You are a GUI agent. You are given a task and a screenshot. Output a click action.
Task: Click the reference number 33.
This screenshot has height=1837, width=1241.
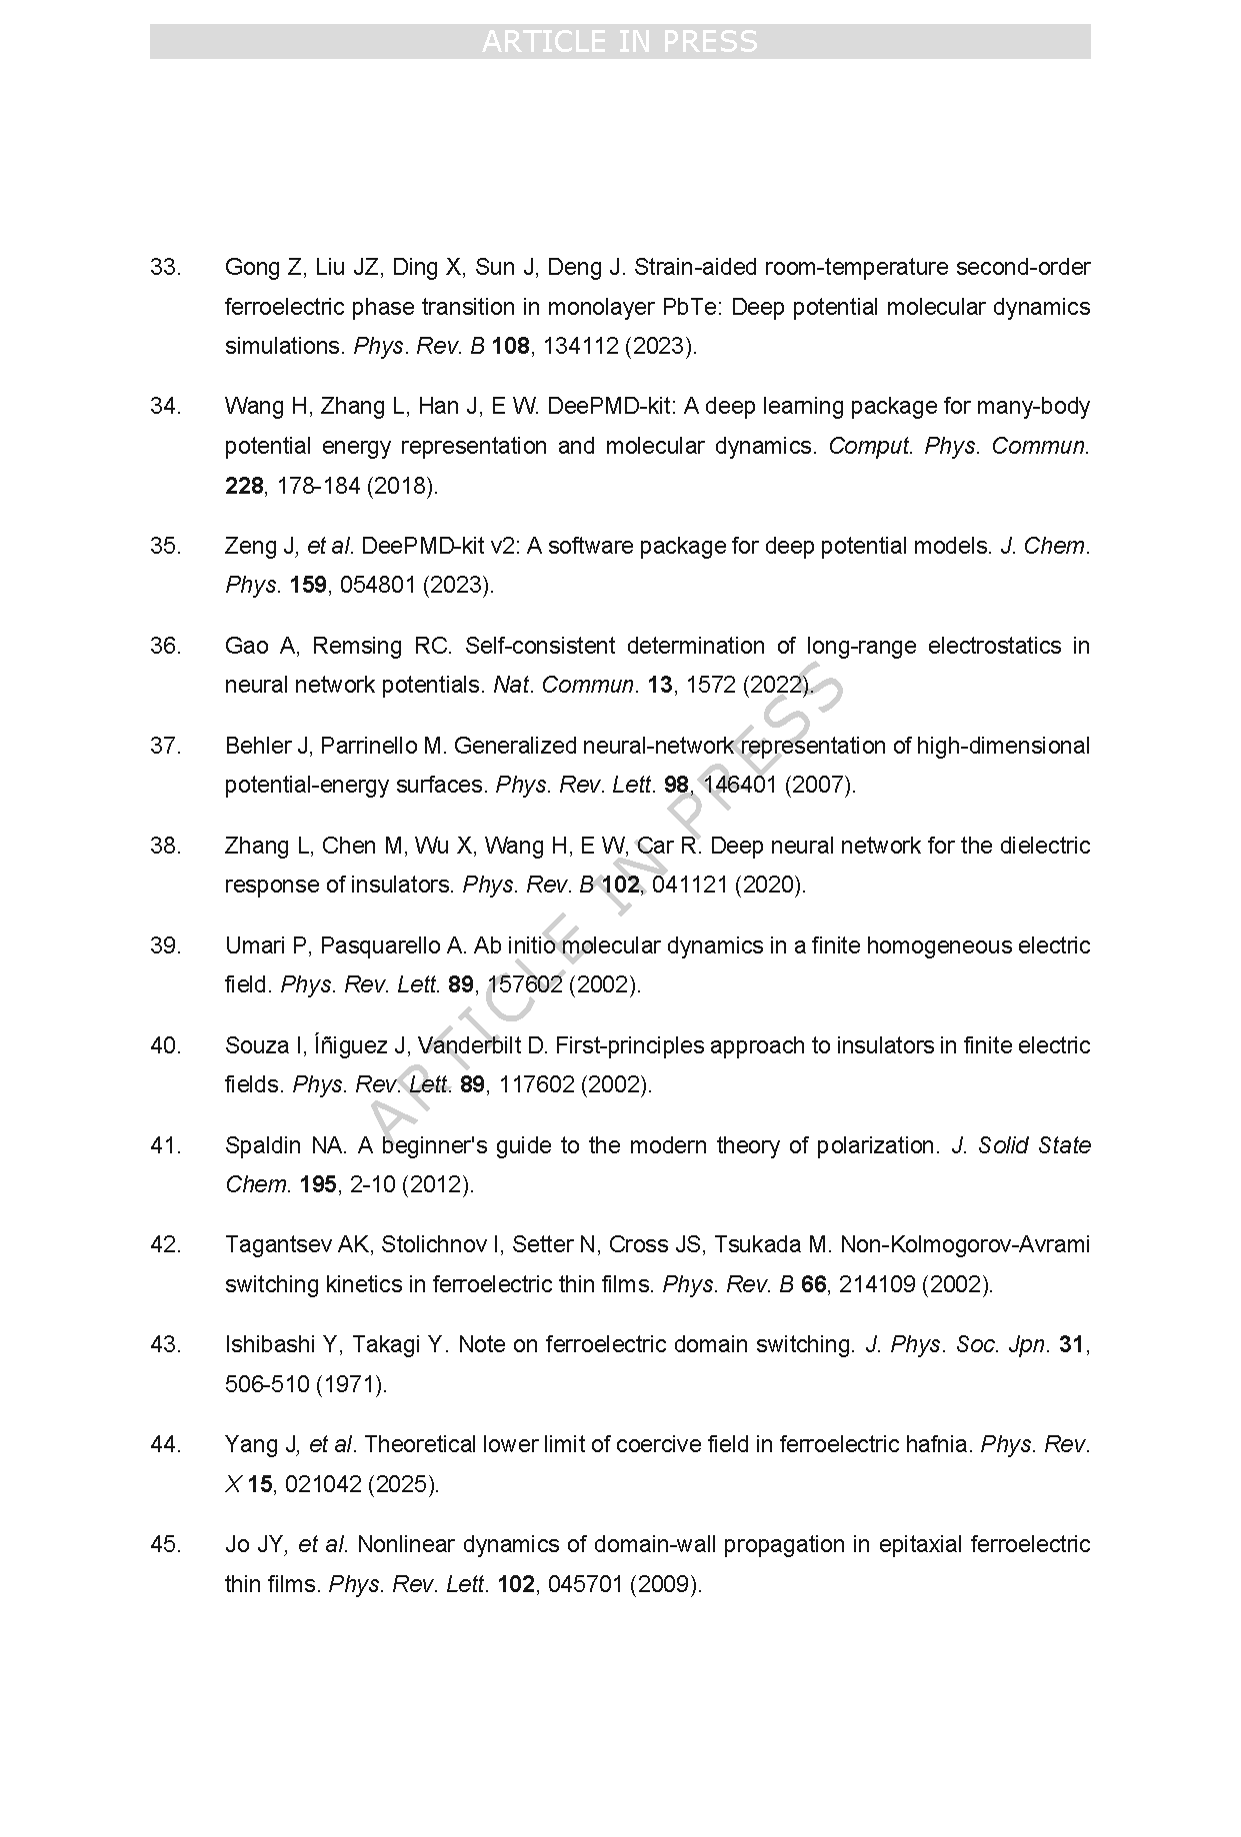165,267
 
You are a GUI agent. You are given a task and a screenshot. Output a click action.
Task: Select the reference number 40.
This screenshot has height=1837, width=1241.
165,1045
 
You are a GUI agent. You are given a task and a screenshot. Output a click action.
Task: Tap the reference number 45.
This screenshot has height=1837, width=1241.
165,1544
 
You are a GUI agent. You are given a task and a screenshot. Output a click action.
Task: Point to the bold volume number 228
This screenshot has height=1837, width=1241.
244,486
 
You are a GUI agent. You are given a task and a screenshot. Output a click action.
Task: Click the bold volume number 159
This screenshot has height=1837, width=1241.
308,585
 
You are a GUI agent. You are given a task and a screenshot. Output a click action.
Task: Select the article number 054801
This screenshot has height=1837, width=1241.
377,585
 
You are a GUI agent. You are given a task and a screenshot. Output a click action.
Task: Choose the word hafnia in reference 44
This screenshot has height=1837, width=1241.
937,1444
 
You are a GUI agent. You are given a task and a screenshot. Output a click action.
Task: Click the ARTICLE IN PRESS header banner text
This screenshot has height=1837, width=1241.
620,41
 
